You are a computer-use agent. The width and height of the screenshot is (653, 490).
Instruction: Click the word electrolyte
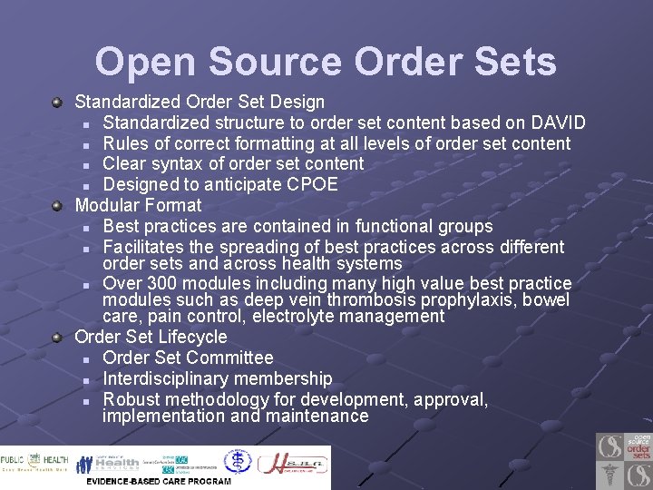(x=304, y=317)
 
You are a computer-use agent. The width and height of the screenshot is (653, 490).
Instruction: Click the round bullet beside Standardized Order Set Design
(x=58, y=103)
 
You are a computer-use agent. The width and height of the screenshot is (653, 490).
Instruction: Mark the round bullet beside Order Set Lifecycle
(x=58, y=337)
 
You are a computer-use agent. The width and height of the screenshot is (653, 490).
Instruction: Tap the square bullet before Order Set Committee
(x=84, y=359)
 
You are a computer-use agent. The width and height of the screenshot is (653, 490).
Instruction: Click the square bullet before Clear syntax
(x=84, y=165)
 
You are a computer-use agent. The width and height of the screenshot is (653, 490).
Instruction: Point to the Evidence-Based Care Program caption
(x=159, y=481)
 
